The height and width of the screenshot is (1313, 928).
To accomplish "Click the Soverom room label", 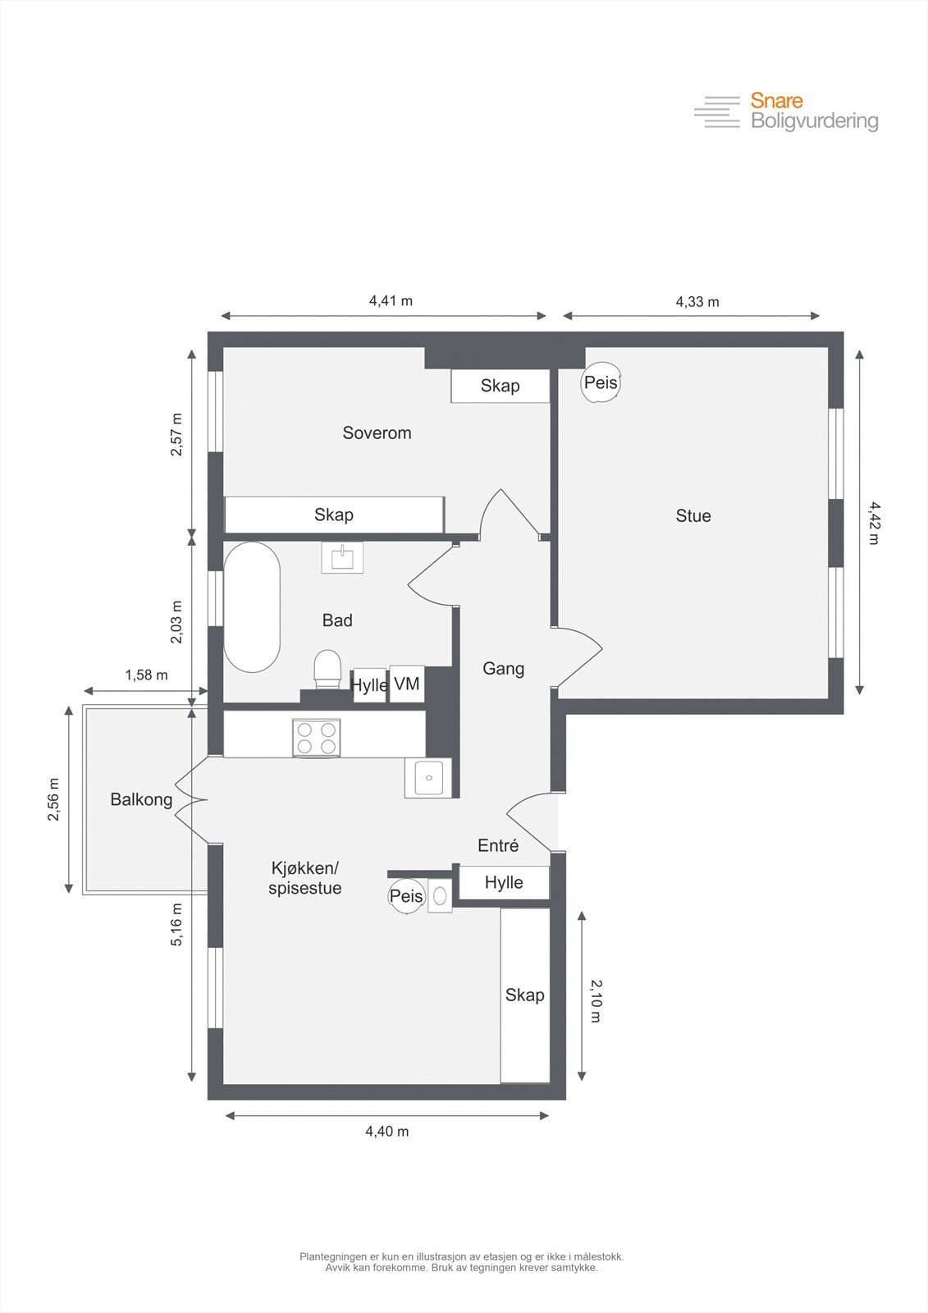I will click(377, 432).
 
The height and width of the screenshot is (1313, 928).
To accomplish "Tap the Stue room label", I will click(693, 515).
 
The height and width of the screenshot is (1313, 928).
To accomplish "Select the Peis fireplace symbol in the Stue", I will click(600, 382).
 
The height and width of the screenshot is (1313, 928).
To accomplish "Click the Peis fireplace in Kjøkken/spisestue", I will click(406, 896).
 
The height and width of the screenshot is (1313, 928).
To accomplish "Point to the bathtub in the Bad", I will click(252, 606).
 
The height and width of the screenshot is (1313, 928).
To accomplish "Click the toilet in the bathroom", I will click(327, 669).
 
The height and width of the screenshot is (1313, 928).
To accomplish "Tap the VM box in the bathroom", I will click(407, 684).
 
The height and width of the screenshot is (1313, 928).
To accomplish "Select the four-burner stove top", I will click(317, 737).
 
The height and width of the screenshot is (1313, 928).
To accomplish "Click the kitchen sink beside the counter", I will click(428, 777).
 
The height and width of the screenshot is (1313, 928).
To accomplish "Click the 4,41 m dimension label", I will click(391, 300).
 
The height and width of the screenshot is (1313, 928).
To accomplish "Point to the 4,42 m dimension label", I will click(872, 523).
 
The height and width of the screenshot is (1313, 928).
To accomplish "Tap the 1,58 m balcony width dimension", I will click(146, 675).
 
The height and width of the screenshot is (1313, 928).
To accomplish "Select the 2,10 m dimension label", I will click(596, 1000).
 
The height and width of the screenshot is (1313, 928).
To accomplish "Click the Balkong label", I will click(141, 799).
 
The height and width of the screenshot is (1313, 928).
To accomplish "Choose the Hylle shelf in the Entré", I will click(504, 882).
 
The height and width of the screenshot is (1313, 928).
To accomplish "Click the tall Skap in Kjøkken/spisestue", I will click(525, 995).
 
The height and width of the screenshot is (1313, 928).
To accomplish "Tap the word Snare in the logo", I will click(776, 101).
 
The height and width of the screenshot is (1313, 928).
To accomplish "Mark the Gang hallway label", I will click(503, 668).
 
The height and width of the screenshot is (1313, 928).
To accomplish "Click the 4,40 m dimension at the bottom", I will click(386, 1131).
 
